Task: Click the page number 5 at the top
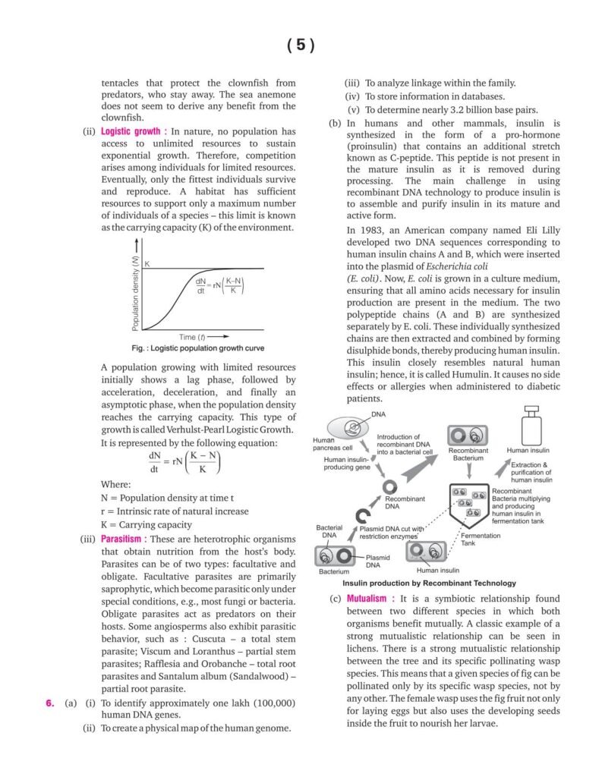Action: click(301, 45)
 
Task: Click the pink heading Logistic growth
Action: click(133, 131)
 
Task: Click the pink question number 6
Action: click(50, 703)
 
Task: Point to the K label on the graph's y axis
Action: click(147, 263)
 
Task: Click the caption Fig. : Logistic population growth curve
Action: click(197, 348)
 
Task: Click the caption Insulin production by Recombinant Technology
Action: click(418, 584)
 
